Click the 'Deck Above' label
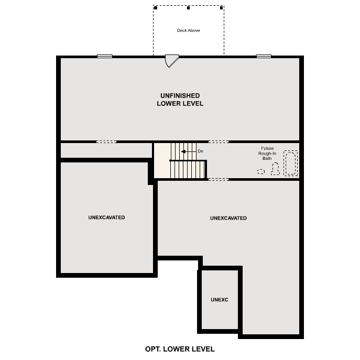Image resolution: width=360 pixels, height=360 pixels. (x=188, y=30)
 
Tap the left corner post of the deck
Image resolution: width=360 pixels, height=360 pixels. (x=155, y=8)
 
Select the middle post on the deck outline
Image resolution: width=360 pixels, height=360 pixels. (x=188, y=8)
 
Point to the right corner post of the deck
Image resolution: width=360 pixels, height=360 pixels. (x=222, y=8)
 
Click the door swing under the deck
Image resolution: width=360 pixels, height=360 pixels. (x=171, y=61)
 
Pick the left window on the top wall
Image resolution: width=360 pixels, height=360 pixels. (x=105, y=56)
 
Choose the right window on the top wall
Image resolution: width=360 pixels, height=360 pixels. (x=264, y=56)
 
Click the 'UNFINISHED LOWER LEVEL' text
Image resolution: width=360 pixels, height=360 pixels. (x=180, y=100)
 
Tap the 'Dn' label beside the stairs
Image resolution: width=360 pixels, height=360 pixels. (x=200, y=151)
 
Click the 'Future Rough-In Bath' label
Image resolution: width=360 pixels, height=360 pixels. (x=267, y=153)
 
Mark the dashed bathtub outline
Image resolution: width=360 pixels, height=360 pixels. (x=290, y=163)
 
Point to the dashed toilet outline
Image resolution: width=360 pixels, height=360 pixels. (x=275, y=169)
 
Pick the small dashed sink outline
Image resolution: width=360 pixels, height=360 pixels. (x=261, y=171)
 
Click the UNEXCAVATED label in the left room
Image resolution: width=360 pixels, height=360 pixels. (x=107, y=217)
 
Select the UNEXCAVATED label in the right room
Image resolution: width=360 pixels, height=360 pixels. (x=228, y=218)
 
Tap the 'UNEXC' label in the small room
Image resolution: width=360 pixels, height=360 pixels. (x=220, y=300)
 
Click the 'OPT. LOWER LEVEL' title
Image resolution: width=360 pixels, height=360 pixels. (x=180, y=348)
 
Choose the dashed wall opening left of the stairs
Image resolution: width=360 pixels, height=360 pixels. (x=106, y=141)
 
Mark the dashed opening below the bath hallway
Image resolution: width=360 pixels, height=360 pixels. (x=219, y=180)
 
